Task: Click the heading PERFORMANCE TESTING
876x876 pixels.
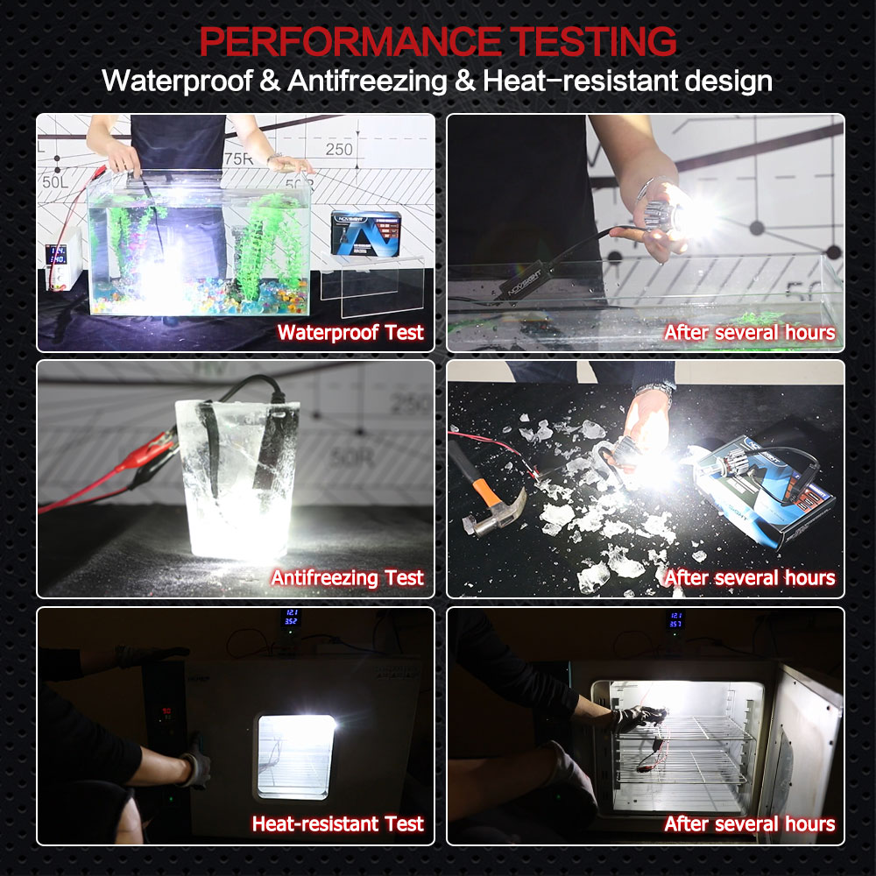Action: point(437,41)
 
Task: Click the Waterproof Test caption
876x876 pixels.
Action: point(350,333)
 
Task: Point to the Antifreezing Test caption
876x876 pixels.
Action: point(347,578)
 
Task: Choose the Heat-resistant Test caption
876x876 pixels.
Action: point(338,824)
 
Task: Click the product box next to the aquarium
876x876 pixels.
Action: point(366,232)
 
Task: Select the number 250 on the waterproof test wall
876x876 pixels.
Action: point(339,149)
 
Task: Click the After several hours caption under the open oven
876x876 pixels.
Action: point(749,824)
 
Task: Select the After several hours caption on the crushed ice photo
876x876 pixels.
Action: point(749,578)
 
